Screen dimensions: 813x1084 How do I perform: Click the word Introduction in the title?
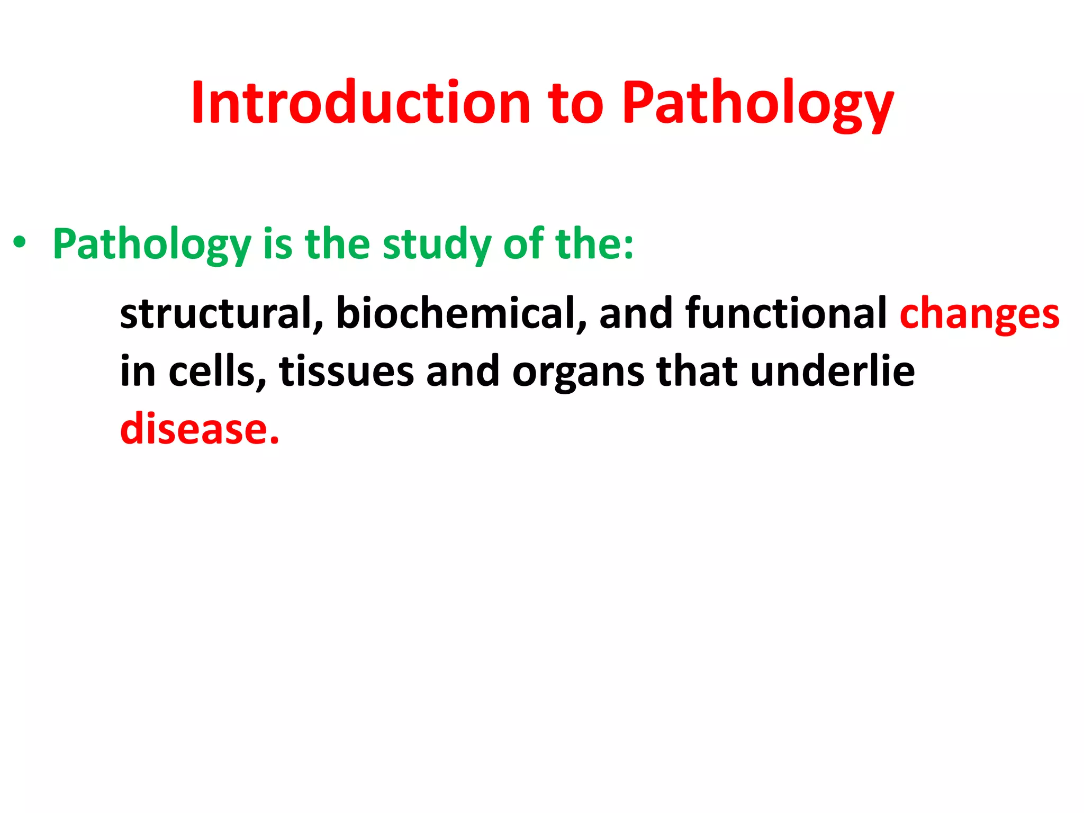[360, 103]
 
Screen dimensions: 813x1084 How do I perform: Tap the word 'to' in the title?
[575, 103]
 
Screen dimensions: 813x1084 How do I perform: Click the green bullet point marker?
[20, 243]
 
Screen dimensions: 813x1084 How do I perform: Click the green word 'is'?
[277, 245]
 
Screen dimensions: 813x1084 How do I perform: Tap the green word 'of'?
[523, 245]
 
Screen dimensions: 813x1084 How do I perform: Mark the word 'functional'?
[785, 313]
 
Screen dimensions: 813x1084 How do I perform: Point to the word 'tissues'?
[346, 372]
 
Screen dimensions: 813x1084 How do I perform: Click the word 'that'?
[697, 372]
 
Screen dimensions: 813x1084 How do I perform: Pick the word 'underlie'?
[832, 372]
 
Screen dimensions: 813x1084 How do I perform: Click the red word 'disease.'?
[200, 429]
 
